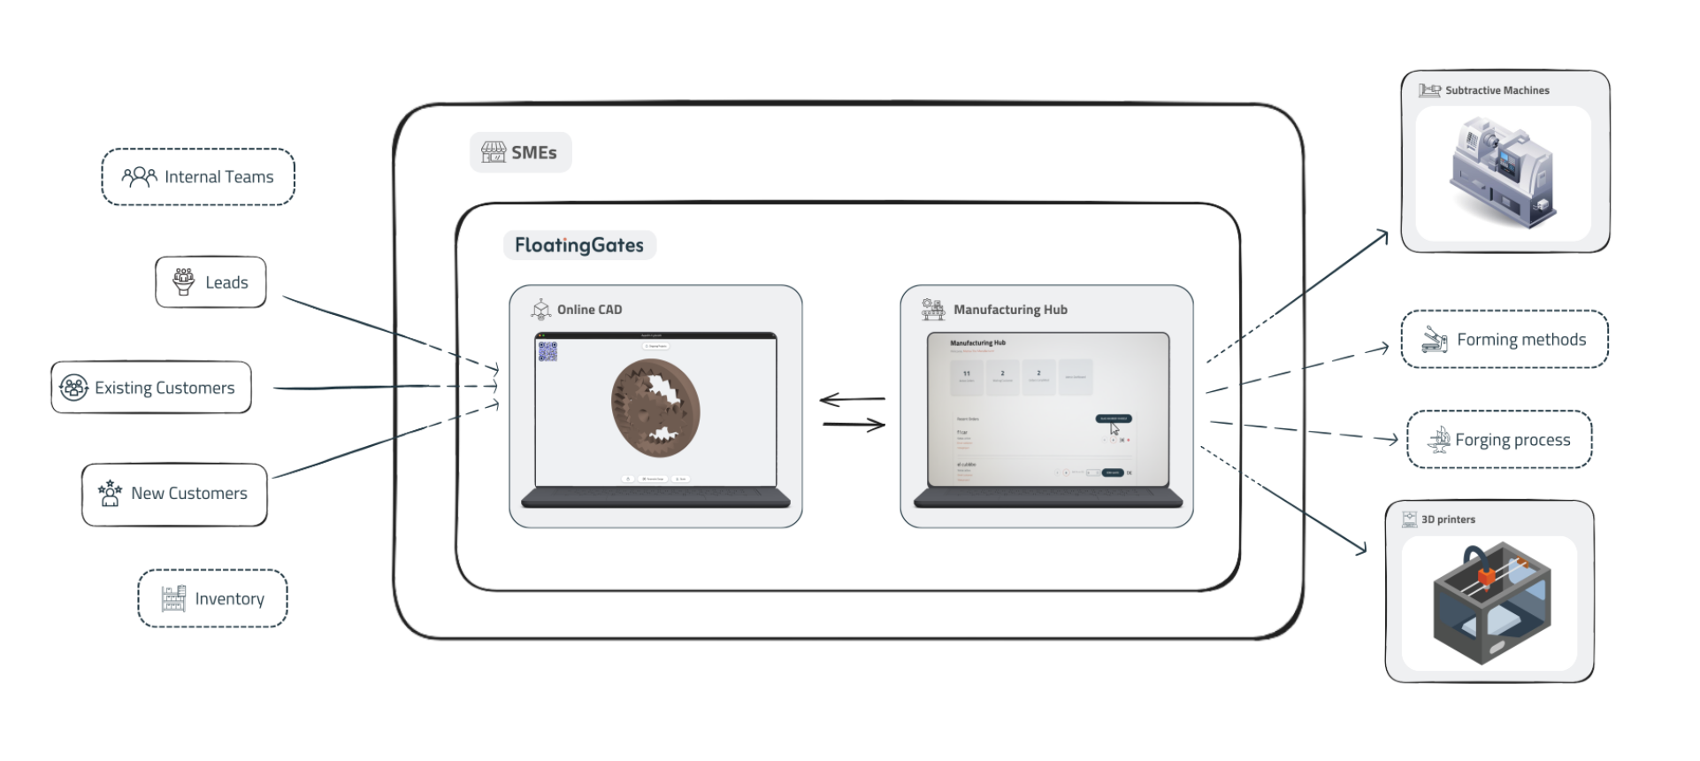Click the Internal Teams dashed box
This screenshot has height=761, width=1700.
pos(198,177)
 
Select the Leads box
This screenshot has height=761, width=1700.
pos(211,282)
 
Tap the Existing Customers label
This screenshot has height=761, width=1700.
pos(165,388)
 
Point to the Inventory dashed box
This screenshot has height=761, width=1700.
pos(212,599)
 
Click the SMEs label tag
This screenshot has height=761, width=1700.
pos(521,152)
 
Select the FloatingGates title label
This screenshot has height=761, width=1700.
pos(579,245)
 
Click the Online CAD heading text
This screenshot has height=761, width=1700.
pos(589,310)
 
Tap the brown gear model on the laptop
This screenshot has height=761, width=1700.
pos(655,407)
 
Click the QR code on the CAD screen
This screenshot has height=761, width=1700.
pos(548,351)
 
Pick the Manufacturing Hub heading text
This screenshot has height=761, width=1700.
pos(1010,310)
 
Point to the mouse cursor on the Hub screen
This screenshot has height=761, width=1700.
pos(1114,429)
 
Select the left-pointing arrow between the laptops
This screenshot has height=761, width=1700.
pos(852,400)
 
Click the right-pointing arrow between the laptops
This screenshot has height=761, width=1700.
pos(854,426)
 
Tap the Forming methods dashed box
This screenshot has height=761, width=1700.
pos(1505,339)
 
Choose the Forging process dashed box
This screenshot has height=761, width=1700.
pos(1499,440)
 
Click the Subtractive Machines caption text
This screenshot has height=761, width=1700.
pos(1497,90)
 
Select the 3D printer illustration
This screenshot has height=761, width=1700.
pos(1490,602)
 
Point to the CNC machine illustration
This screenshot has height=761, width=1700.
pos(1502,173)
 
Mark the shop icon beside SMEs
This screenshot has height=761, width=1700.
pos(494,152)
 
